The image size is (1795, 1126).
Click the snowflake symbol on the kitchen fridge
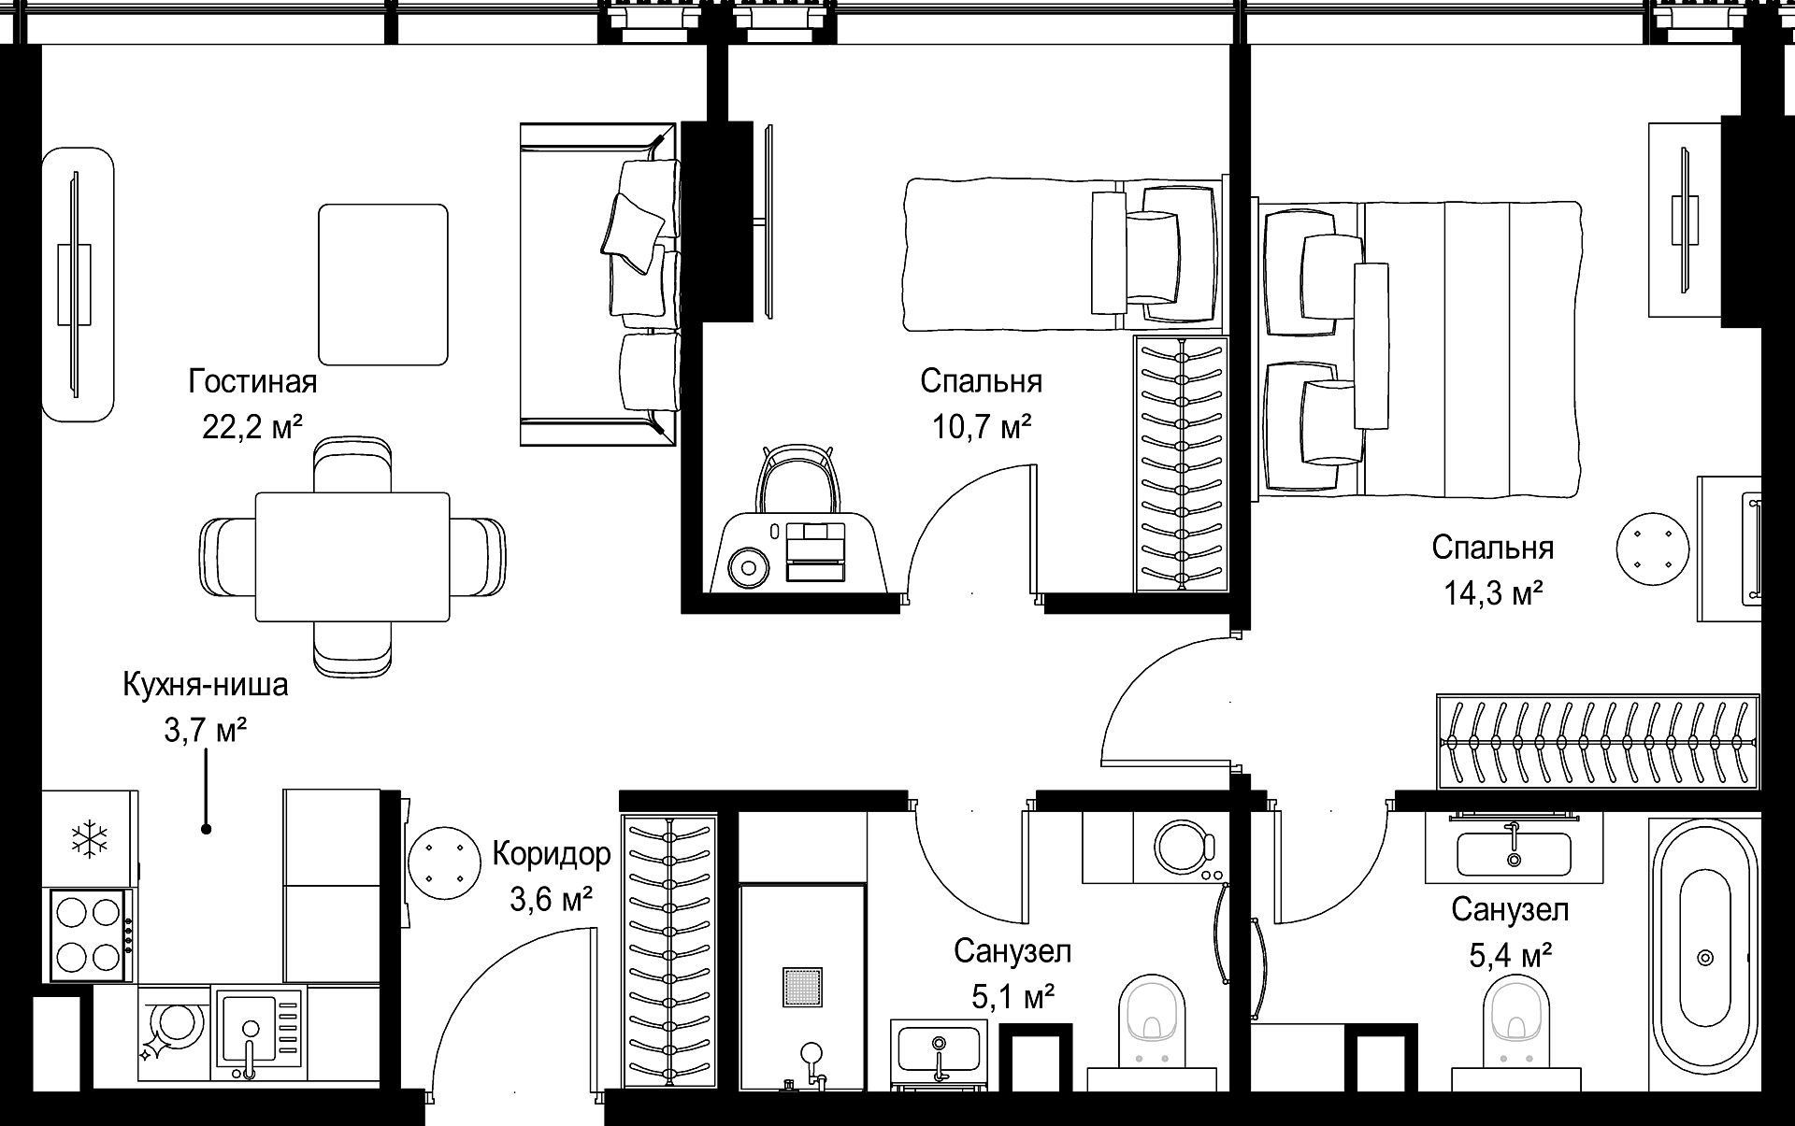click(x=90, y=838)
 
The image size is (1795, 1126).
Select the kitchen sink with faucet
click(x=260, y=1033)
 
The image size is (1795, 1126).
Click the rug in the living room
click(x=383, y=284)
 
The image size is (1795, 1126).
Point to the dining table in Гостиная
click(x=352, y=557)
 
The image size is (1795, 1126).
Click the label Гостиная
click(x=252, y=381)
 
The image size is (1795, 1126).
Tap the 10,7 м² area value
click(x=982, y=427)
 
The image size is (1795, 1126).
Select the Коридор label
click(x=552, y=853)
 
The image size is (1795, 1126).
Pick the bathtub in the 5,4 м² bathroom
click(x=1703, y=957)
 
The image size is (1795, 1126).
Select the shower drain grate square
click(x=802, y=987)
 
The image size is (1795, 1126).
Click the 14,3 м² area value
click(x=1493, y=592)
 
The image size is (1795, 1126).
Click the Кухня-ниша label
click(x=206, y=685)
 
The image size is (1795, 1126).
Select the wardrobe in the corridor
click(x=669, y=953)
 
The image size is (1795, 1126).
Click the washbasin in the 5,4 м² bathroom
click(x=1514, y=851)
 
